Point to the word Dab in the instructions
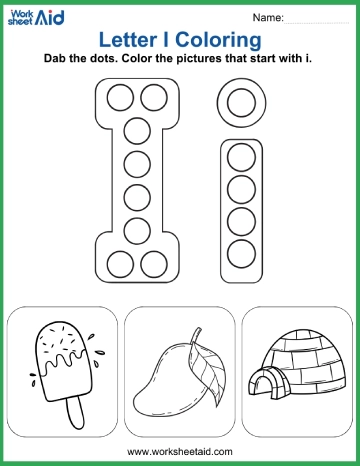[x=58, y=59]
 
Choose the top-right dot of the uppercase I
[x=153, y=97]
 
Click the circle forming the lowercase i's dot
[x=240, y=101]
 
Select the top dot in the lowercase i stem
[x=240, y=157]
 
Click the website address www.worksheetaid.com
[x=180, y=452]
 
